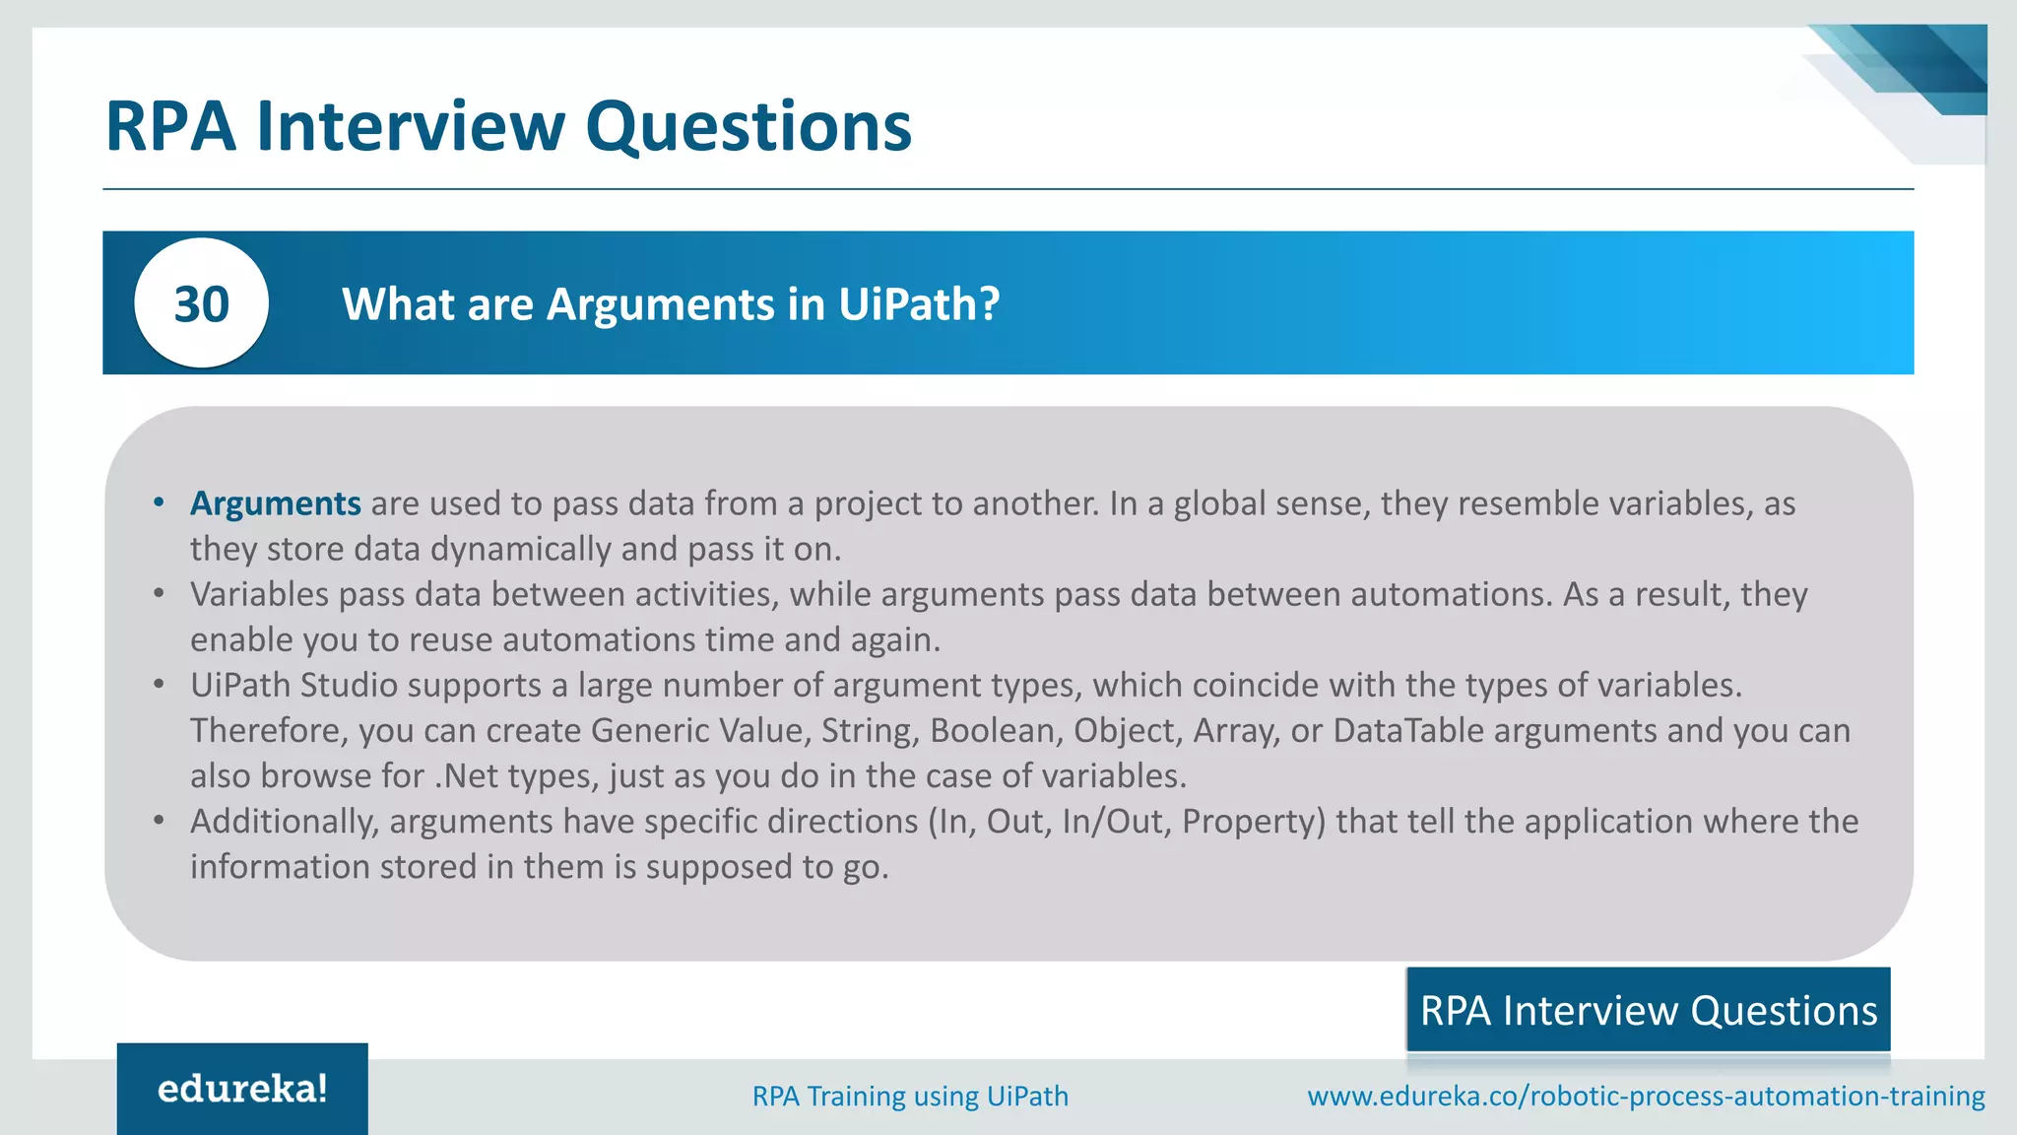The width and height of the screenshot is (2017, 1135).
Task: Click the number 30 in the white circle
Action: coord(201,303)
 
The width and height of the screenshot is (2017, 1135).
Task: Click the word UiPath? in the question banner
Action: coord(919,303)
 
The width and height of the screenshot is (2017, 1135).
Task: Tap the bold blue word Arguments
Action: coord(276,503)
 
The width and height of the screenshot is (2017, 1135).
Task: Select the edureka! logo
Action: coord(242,1089)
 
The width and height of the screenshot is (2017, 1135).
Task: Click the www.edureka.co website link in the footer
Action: coord(1646,1096)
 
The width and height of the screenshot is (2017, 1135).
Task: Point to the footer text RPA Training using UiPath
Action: coord(910,1096)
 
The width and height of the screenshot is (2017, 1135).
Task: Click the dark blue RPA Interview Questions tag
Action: coord(1648,1011)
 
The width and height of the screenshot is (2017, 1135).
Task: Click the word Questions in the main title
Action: coord(748,126)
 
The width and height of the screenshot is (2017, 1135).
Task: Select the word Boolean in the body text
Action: coord(996,730)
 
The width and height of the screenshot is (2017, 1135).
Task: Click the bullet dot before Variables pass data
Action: coord(159,594)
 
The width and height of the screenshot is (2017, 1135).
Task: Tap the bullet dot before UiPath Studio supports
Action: coord(159,685)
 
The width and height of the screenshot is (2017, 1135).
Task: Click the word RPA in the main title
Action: coord(170,126)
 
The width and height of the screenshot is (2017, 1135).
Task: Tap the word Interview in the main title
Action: coord(411,126)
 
